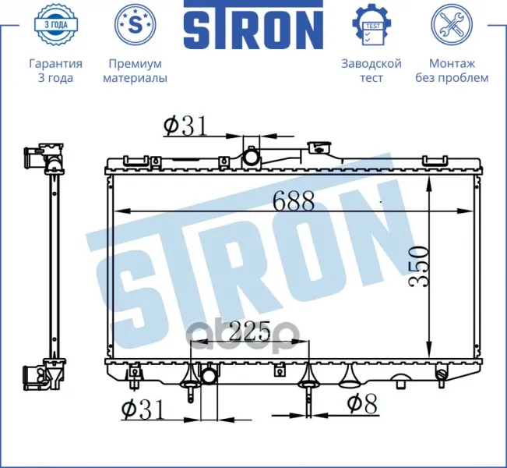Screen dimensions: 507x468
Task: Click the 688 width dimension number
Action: click(x=294, y=200)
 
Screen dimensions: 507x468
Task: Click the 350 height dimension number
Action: click(x=418, y=266)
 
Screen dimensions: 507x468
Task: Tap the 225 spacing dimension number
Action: click(x=249, y=331)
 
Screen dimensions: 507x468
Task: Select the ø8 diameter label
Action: click(x=362, y=404)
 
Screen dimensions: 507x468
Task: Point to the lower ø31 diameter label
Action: click(x=143, y=409)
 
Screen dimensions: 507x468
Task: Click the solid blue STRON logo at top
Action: click(x=254, y=25)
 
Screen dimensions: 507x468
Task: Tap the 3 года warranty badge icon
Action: click(x=55, y=25)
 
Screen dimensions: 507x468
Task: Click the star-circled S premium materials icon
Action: click(x=136, y=24)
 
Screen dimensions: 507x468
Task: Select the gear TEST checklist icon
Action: click(x=371, y=25)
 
